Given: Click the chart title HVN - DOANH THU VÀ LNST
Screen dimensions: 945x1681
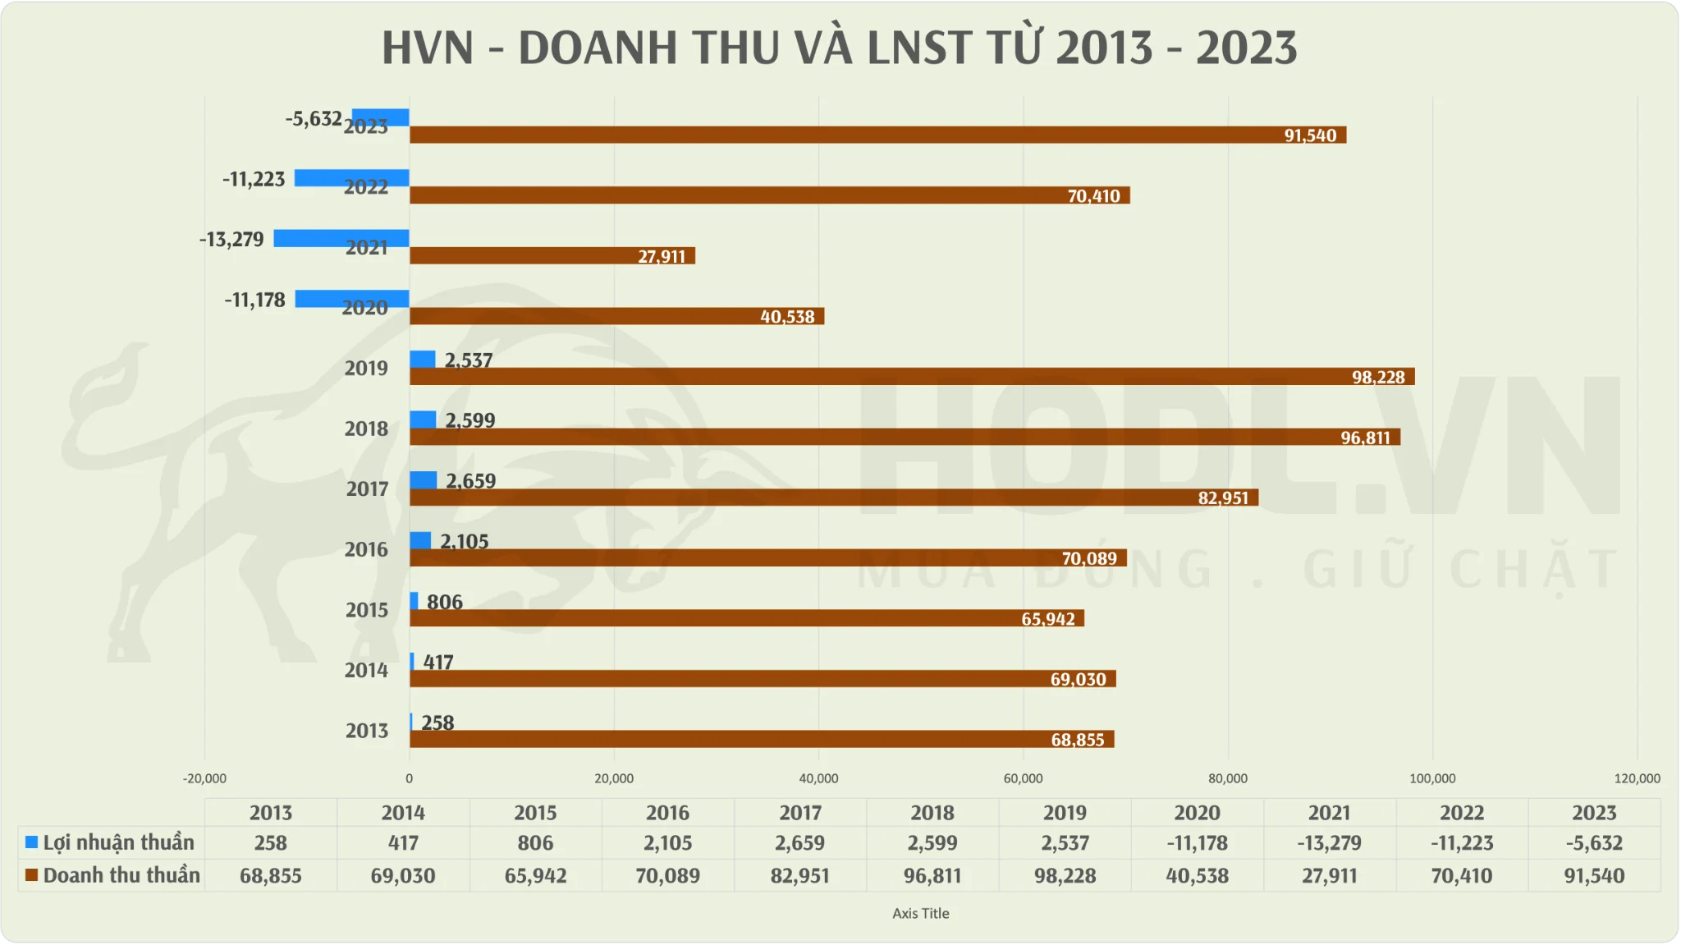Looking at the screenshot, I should [x=839, y=48].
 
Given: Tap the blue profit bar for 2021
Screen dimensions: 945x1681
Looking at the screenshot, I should [x=341, y=238].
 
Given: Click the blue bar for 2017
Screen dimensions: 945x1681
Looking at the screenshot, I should [x=423, y=480].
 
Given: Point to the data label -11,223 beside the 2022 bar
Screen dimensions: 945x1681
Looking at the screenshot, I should [x=254, y=179].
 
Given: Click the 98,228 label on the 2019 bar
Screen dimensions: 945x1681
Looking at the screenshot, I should [x=1378, y=377].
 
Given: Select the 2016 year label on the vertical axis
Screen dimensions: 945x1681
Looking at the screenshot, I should [x=366, y=549].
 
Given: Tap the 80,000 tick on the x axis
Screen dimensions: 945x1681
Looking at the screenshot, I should [x=1227, y=778].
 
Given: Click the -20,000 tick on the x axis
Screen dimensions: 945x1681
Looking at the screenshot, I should [x=204, y=778].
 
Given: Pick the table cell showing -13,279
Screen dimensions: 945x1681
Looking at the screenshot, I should [x=1329, y=843].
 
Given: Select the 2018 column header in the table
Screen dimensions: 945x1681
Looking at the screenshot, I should [x=932, y=813].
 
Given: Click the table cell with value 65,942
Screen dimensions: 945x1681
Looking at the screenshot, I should [x=535, y=876].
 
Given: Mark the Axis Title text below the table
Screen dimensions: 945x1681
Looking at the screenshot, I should [x=920, y=913].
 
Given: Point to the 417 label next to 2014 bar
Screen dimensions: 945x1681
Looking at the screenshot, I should [x=438, y=662].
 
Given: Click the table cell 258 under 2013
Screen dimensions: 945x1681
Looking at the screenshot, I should [x=270, y=843].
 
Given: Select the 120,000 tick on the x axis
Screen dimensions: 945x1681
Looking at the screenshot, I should [x=1636, y=778].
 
